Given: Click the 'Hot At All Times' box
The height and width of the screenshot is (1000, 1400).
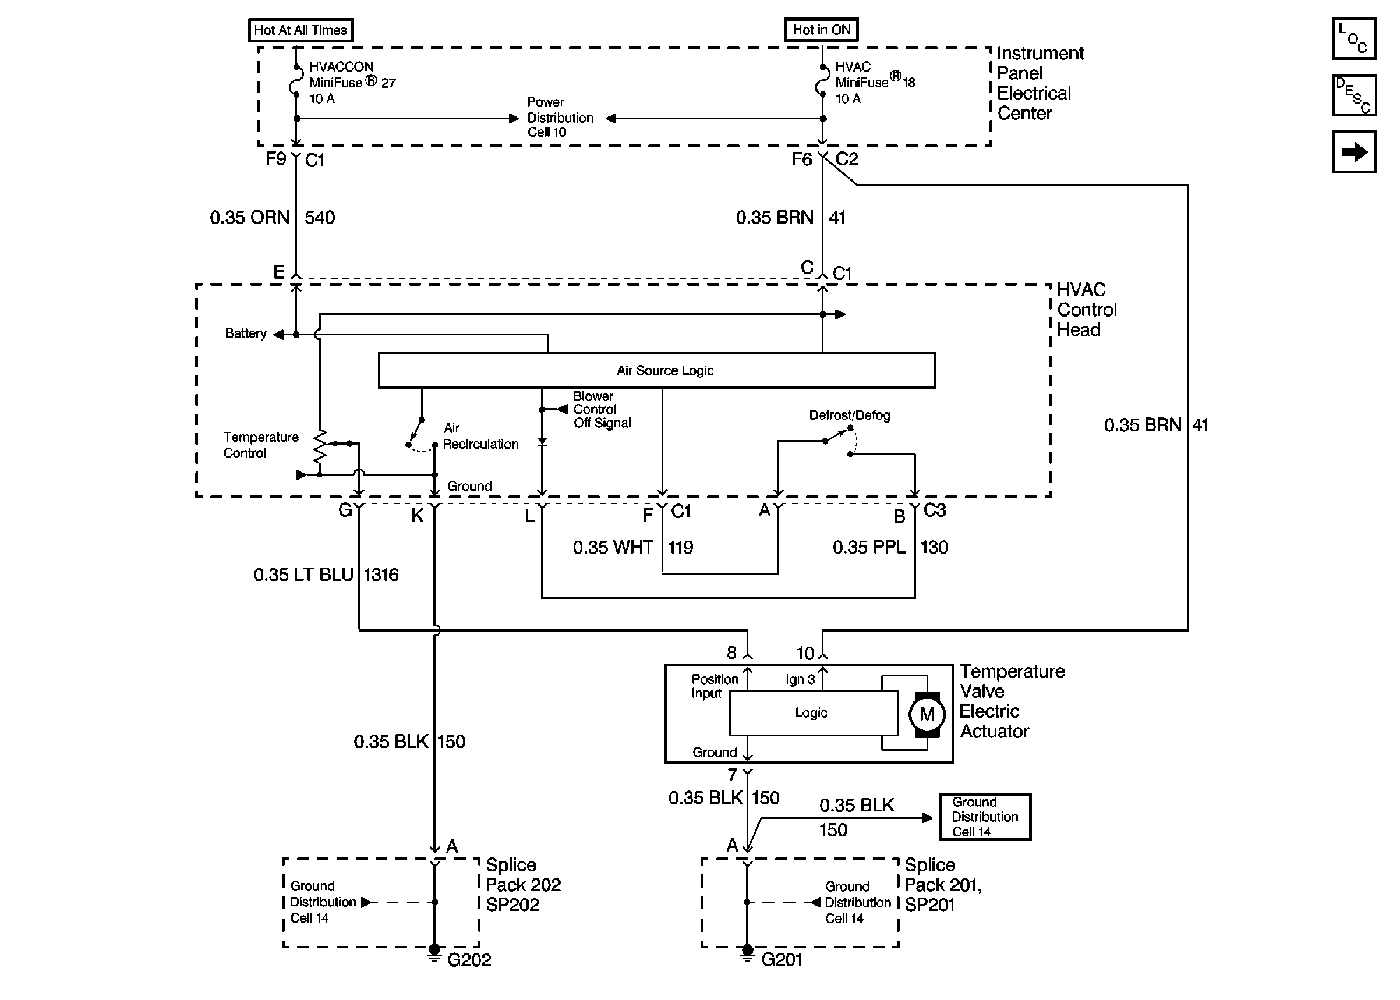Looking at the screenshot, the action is click(300, 30).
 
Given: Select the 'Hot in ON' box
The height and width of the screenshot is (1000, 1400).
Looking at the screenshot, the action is click(822, 30).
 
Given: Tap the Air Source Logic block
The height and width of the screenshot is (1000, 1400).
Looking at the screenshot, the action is click(656, 370).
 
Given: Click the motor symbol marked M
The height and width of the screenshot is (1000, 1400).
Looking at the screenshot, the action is click(927, 714).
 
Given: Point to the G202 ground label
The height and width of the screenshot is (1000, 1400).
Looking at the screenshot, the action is click(469, 960).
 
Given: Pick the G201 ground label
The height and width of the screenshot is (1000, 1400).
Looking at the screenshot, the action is click(782, 960).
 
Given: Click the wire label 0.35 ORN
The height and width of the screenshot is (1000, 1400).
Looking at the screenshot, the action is click(249, 217).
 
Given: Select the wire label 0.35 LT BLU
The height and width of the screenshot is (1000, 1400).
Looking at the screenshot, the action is click(303, 575).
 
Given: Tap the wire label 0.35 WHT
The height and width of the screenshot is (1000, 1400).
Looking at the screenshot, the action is click(613, 547).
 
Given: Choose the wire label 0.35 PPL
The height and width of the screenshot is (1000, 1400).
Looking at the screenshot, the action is click(869, 547).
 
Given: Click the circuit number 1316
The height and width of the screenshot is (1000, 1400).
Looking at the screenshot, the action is click(381, 575).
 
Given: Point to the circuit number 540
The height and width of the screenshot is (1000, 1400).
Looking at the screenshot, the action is click(320, 217).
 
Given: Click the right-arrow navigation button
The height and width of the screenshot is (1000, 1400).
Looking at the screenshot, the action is click(1354, 151).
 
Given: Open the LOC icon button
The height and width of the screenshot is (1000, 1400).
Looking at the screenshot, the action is click(1354, 38).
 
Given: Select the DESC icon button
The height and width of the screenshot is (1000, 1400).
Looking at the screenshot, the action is click(1354, 95).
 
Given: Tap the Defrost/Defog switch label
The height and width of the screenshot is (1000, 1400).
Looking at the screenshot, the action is click(849, 415).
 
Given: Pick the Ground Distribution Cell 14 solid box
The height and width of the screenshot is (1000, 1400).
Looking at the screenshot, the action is click(985, 817).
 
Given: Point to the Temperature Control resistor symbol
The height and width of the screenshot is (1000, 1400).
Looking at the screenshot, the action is click(320, 447).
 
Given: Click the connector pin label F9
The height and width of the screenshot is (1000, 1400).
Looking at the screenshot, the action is click(275, 159).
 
